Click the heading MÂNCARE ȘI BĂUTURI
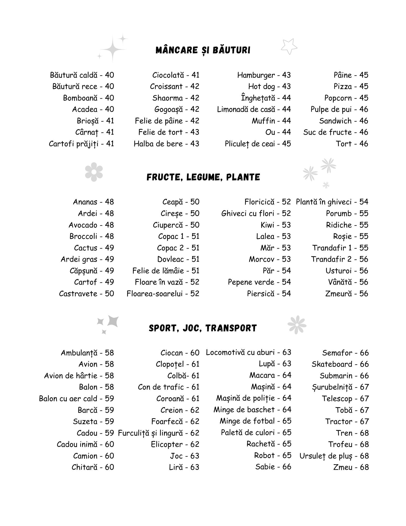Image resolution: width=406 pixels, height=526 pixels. click(x=203, y=50)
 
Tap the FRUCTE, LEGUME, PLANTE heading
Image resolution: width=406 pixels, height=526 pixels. click(x=203, y=177)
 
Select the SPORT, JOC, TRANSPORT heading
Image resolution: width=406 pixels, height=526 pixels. click(x=203, y=328)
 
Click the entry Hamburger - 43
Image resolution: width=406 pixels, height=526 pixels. click(x=264, y=75)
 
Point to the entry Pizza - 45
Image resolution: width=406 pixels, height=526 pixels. click(x=351, y=87)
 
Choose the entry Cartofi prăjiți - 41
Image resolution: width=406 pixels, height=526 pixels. click(x=81, y=144)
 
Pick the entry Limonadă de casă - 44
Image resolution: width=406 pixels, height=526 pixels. click(x=254, y=109)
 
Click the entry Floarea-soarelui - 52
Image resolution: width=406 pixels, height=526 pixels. click(x=163, y=294)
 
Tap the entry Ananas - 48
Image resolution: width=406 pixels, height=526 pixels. click(x=93, y=202)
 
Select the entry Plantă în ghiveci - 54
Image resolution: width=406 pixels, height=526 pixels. click(x=332, y=202)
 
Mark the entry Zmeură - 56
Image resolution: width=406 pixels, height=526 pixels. click(x=347, y=294)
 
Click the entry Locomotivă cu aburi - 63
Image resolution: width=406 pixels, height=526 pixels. click(x=248, y=352)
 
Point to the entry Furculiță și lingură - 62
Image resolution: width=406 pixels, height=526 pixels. click(x=158, y=433)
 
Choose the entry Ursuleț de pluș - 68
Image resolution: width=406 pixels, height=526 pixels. click(x=334, y=456)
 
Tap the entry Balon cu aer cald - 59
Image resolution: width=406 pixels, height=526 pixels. click(x=76, y=398)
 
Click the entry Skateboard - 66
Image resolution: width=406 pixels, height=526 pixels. click(x=340, y=364)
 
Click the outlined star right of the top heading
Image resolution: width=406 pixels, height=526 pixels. click(x=289, y=47)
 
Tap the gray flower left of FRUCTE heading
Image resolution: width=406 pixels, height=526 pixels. click(x=94, y=172)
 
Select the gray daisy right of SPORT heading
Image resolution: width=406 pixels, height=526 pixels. click(x=297, y=325)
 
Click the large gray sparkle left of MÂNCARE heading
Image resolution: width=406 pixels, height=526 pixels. click(x=113, y=49)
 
